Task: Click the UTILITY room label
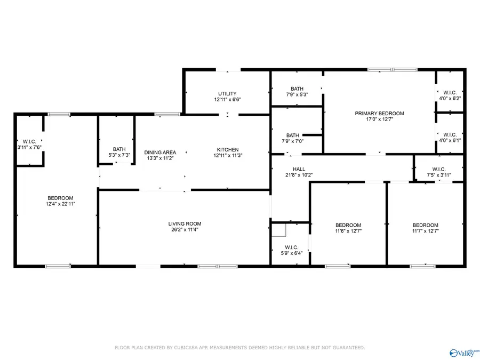pyautogui.click(x=227, y=94)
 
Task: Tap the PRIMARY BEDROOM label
pyautogui.click(x=379, y=113)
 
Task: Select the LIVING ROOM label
pyautogui.click(x=185, y=224)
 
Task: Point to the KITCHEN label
pyautogui.click(x=227, y=150)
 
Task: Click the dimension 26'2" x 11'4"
pyautogui.click(x=185, y=230)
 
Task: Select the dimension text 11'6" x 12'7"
pyautogui.click(x=348, y=231)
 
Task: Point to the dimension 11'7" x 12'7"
pyautogui.click(x=425, y=231)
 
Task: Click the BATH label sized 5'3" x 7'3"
pyautogui.click(x=119, y=149)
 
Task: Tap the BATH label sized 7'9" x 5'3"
pyautogui.click(x=297, y=89)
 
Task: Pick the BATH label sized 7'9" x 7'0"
pyautogui.click(x=292, y=135)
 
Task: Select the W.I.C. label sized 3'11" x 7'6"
pyautogui.click(x=29, y=142)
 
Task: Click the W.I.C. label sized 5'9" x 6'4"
pyautogui.click(x=291, y=247)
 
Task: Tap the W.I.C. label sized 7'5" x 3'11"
pyautogui.click(x=439, y=169)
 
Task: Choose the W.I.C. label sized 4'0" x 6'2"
pyautogui.click(x=450, y=92)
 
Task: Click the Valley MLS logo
pyautogui.click(x=464, y=351)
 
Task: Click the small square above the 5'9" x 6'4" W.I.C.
pyautogui.click(x=278, y=230)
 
